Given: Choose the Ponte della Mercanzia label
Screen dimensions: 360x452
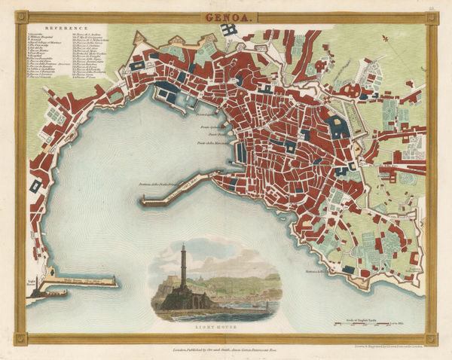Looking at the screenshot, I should [213, 144].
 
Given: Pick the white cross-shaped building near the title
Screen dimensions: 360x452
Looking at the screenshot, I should [228, 30].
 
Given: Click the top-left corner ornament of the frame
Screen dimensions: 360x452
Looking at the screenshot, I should [20, 17].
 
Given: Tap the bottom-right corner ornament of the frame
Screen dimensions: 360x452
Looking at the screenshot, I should [431, 339].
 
